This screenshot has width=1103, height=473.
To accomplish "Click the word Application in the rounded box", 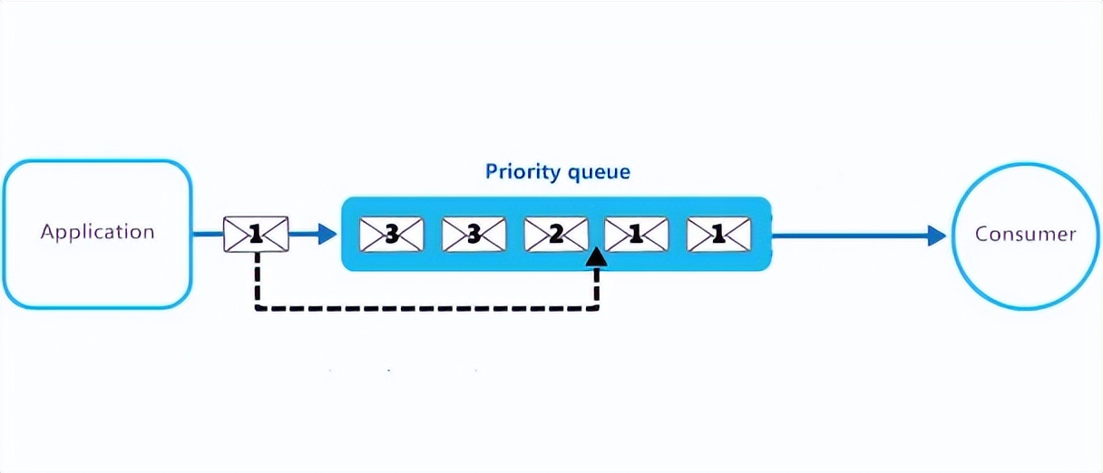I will [97, 232].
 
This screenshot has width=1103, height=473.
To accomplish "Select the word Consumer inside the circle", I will [1025, 234].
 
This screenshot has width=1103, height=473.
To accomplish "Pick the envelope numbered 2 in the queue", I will [555, 235].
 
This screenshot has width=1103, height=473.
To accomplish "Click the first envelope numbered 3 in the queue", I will [391, 235].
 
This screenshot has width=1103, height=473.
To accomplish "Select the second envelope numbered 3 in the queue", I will [473, 235].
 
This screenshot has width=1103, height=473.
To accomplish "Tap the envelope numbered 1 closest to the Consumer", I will [718, 235].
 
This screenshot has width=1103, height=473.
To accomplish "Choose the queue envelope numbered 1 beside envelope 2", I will [636, 235].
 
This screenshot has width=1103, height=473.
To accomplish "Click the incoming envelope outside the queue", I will [256, 235].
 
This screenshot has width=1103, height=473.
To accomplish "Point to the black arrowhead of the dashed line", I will [596, 257].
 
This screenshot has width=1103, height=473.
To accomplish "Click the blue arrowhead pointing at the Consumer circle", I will [936, 236].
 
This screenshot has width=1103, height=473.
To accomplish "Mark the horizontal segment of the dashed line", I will [426, 308].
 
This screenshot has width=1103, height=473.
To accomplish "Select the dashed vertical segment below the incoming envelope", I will [257, 281].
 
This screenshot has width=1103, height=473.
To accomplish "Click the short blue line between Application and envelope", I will [208, 235].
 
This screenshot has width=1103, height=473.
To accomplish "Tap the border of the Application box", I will [97, 162].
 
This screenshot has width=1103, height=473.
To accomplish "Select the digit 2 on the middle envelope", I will [555, 235].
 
